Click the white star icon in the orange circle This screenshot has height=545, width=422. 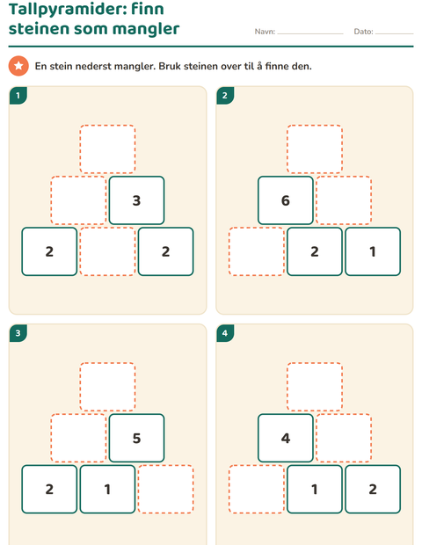(18, 65)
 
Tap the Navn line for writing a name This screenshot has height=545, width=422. (310, 33)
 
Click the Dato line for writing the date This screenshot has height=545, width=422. (394, 33)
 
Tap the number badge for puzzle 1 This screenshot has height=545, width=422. (18, 96)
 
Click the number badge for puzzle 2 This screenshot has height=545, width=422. (225, 96)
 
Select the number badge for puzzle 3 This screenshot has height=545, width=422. (18, 333)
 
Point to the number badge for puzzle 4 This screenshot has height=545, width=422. (225, 333)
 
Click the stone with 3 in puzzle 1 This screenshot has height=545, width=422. (136, 200)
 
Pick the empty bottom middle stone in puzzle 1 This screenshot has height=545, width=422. (107, 251)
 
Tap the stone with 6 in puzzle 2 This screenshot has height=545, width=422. (286, 200)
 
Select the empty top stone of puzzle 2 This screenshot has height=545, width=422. (315, 149)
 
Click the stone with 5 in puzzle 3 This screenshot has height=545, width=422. (136, 438)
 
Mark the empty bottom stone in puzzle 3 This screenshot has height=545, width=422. (166, 489)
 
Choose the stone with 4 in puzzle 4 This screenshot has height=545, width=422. (286, 438)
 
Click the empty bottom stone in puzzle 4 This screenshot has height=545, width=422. (257, 489)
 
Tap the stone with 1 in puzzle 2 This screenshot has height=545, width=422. (373, 251)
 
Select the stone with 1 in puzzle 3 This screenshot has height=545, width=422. (107, 489)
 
